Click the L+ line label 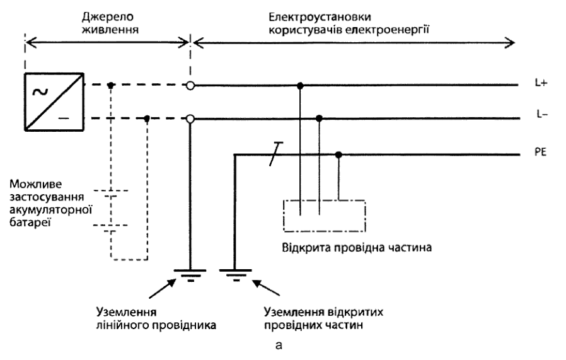[541, 83]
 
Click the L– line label [542, 115]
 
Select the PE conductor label [540, 152]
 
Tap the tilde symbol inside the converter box [40, 93]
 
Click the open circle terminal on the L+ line [190, 86]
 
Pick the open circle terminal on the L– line [190, 119]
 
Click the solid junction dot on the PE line [338, 155]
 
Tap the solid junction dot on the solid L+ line [300, 86]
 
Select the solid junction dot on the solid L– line [319, 118]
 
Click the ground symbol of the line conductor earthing [190, 275]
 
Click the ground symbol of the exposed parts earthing [235, 275]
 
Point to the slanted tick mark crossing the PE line [276, 154]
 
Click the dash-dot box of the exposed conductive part [284, 216]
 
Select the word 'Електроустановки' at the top [320, 17]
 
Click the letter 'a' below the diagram [279, 345]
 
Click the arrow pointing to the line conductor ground [163, 289]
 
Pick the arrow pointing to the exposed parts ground [266, 288]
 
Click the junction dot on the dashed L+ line [111, 86]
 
